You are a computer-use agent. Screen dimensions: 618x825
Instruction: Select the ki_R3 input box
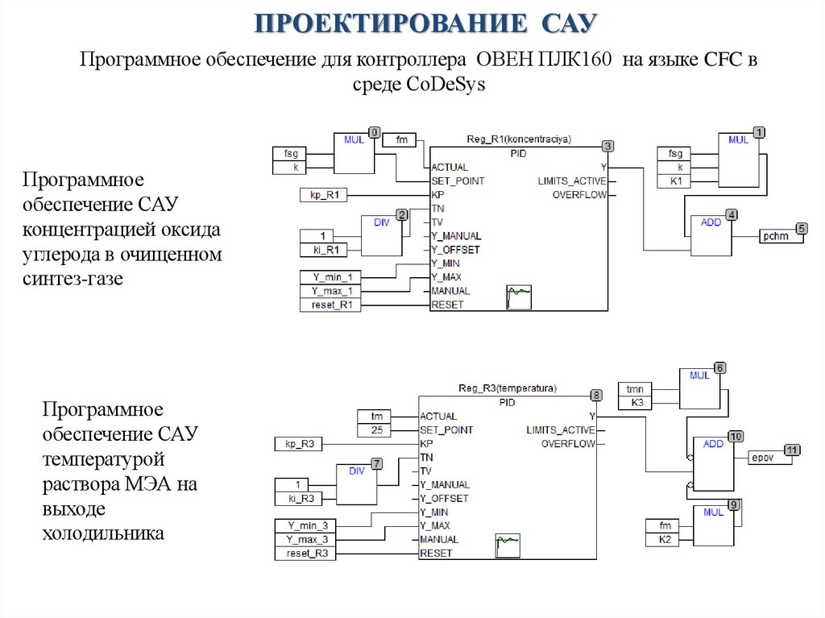pyautogui.click(x=302, y=498)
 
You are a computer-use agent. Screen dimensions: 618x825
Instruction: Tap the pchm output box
pyautogui.click(x=777, y=237)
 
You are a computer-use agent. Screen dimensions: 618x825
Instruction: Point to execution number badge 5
pyautogui.click(x=801, y=229)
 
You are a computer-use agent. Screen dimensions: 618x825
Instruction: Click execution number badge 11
pyautogui.click(x=794, y=450)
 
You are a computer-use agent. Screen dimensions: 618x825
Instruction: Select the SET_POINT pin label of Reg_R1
pyautogui.click(x=458, y=181)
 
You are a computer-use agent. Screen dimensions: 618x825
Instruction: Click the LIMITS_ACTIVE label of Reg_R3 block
pyautogui.click(x=561, y=430)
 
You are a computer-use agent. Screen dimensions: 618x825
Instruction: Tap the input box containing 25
pyautogui.click(x=376, y=430)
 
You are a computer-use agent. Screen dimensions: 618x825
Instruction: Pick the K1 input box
pyautogui.click(x=675, y=181)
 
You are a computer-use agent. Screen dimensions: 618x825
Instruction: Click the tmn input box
pyautogui.click(x=636, y=389)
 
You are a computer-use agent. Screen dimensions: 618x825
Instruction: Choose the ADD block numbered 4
pyautogui.click(x=711, y=235)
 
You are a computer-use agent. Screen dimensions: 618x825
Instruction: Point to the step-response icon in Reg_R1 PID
pyautogui.click(x=519, y=297)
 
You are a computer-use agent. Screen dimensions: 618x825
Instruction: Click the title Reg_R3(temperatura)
pyautogui.click(x=508, y=388)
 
